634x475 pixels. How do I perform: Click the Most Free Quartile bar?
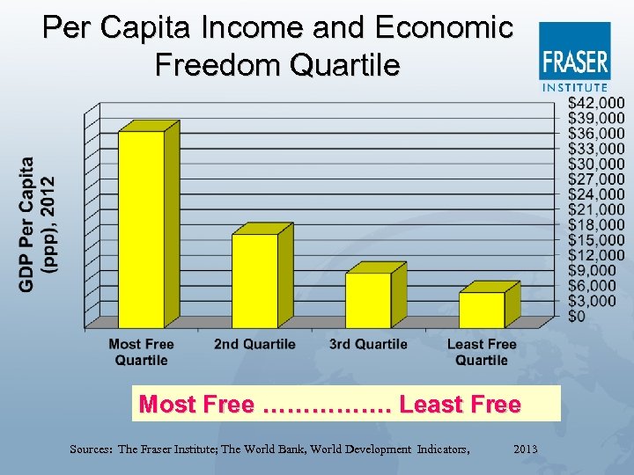coord(142,229)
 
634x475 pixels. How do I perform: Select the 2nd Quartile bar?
coord(254,280)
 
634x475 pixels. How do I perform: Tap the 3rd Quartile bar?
coord(368,300)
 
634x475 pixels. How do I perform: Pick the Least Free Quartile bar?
coord(482,310)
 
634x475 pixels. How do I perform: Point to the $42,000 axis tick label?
coord(596,103)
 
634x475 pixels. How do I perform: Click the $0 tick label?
coord(577,316)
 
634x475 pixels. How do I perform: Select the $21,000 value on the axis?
coord(596,209)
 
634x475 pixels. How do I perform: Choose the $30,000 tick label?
coord(596,164)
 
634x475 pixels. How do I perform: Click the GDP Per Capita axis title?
coord(38,223)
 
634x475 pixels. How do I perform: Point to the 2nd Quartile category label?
coord(254,344)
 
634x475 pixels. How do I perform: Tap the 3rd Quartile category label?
coord(368,344)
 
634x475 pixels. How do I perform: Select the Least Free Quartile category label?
coord(482,352)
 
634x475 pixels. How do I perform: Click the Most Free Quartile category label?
coord(141,352)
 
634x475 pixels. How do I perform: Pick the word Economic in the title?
coord(444,28)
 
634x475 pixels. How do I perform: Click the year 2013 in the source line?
coord(526,449)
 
